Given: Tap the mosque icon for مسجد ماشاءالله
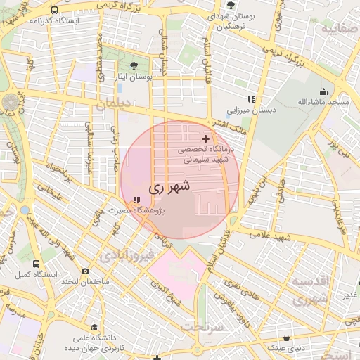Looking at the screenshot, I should click(x=323, y=91).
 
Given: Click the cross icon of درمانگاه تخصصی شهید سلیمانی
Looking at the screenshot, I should click(x=205, y=139).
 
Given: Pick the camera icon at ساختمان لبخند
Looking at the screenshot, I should click(x=86, y=271).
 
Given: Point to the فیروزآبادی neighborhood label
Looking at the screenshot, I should click(x=124, y=254).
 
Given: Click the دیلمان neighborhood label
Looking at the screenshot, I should click(x=115, y=103).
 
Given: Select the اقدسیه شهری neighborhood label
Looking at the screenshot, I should click(x=309, y=290).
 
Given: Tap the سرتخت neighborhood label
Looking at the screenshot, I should click(x=202, y=327).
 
